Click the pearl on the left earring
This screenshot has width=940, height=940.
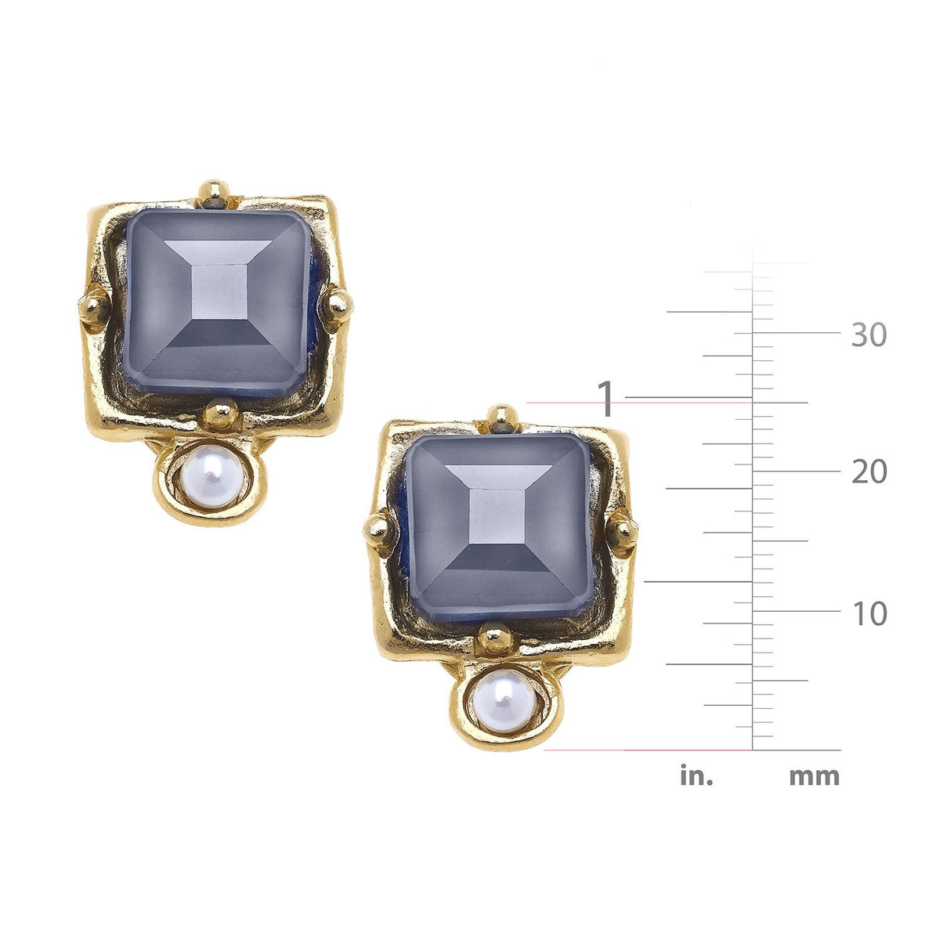pyautogui.click(x=211, y=478)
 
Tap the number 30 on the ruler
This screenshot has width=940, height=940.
pyautogui.click(x=869, y=335)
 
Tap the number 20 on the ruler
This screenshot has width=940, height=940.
pyautogui.click(x=869, y=472)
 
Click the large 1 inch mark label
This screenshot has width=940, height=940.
pyautogui.click(x=606, y=399)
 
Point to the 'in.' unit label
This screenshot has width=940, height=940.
pyautogui.click(x=696, y=775)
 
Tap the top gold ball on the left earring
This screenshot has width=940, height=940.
pyautogui.click(x=214, y=193)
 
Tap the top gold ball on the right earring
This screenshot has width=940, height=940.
pyautogui.click(x=502, y=418)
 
